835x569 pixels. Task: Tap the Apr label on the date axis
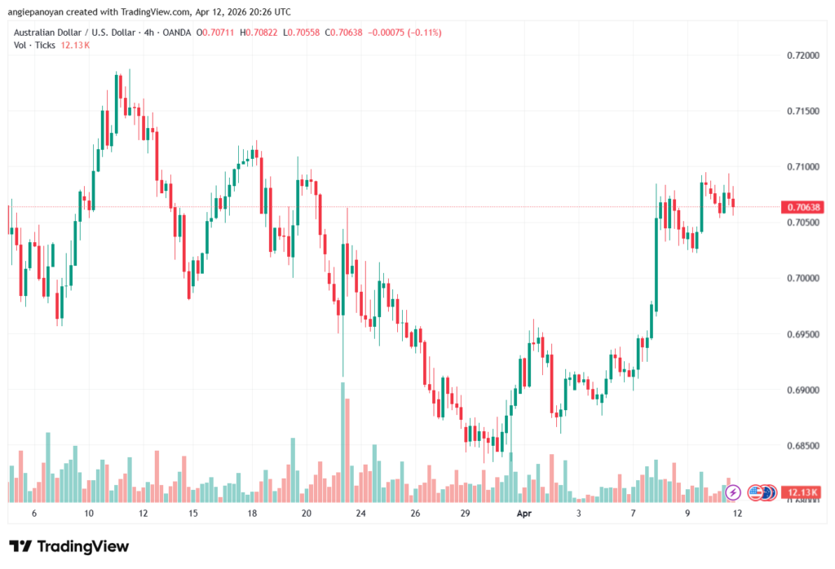click(x=524, y=514)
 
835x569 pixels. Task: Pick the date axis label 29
click(x=466, y=514)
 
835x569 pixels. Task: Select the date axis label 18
click(x=253, y=514)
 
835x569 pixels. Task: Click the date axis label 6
click(x=33, y=514)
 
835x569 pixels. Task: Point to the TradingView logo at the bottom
click(x=69, y=546)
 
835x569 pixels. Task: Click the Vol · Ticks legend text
click(x=34, y=45)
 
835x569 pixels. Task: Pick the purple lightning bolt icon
click(x=733, y=492)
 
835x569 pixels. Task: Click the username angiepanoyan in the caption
click(x=35, y=11)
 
